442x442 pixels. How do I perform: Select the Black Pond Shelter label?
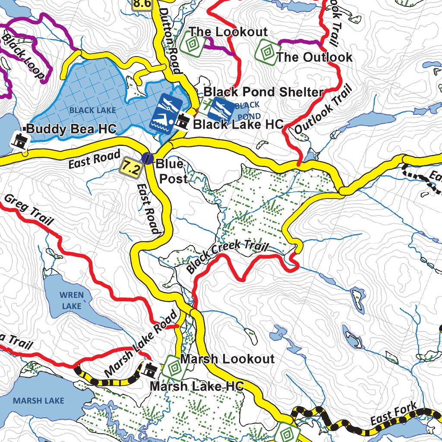(263, 92)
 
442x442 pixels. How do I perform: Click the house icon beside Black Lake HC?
(182, 123)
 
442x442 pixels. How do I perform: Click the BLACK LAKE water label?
(92, 110)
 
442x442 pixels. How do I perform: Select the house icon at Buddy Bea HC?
(19, 140)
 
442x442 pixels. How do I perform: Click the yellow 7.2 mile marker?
(131, 166)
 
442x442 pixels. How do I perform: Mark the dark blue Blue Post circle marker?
(148, 158)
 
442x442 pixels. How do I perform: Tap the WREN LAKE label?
(71, 300)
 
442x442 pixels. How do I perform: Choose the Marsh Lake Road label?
(141, 343)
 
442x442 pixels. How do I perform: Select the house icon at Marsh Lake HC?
(151, 369)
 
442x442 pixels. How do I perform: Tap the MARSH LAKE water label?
(38, 401)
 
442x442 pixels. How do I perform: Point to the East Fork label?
(394, 415)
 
